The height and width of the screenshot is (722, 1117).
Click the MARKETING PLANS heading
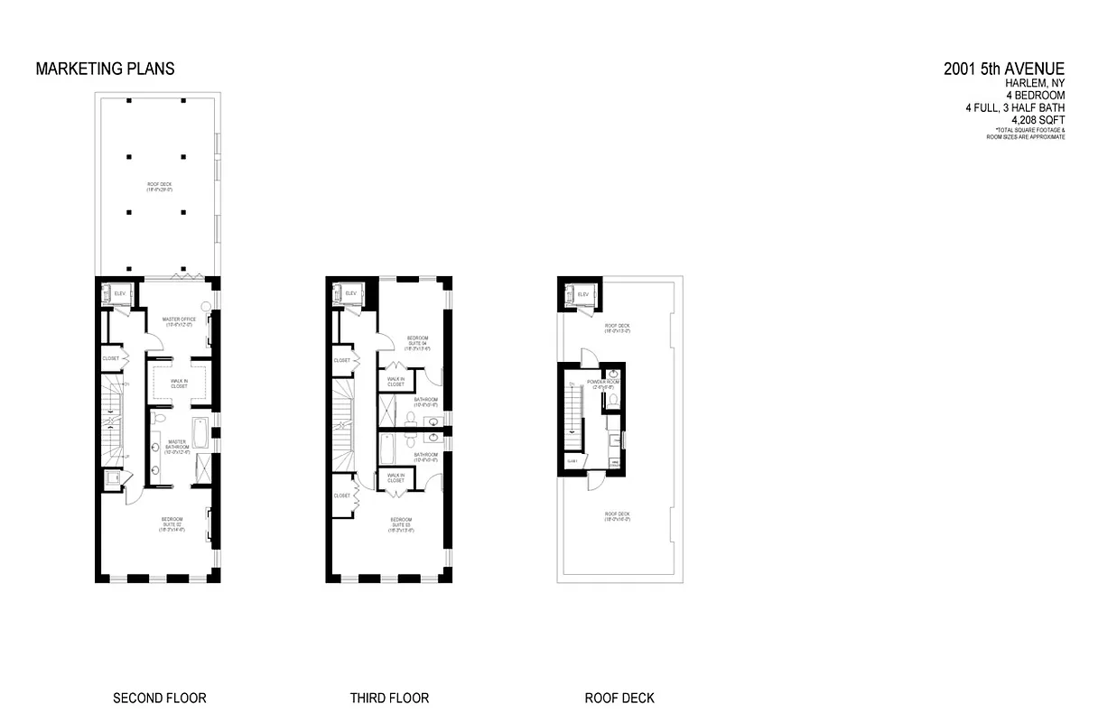tap(105, 69)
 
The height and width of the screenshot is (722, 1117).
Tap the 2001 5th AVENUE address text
tap(1004, 69)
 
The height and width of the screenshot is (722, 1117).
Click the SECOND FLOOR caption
tap(159, 698)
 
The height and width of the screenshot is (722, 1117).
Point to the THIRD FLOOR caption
tap(389, 698)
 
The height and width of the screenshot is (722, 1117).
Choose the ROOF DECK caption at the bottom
tap(619, 698)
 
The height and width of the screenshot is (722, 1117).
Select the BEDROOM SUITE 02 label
tap(172, 524)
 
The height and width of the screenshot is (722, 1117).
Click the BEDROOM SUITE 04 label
tap(416, 340)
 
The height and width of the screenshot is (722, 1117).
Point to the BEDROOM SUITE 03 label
tap(402, 524)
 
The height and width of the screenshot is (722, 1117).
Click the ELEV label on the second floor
tap(122, 293)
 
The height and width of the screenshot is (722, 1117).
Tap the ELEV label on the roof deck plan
tap(582, 294)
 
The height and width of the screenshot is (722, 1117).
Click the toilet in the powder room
tap(613, 399)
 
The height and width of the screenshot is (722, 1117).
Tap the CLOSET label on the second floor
tap(111, 358)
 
